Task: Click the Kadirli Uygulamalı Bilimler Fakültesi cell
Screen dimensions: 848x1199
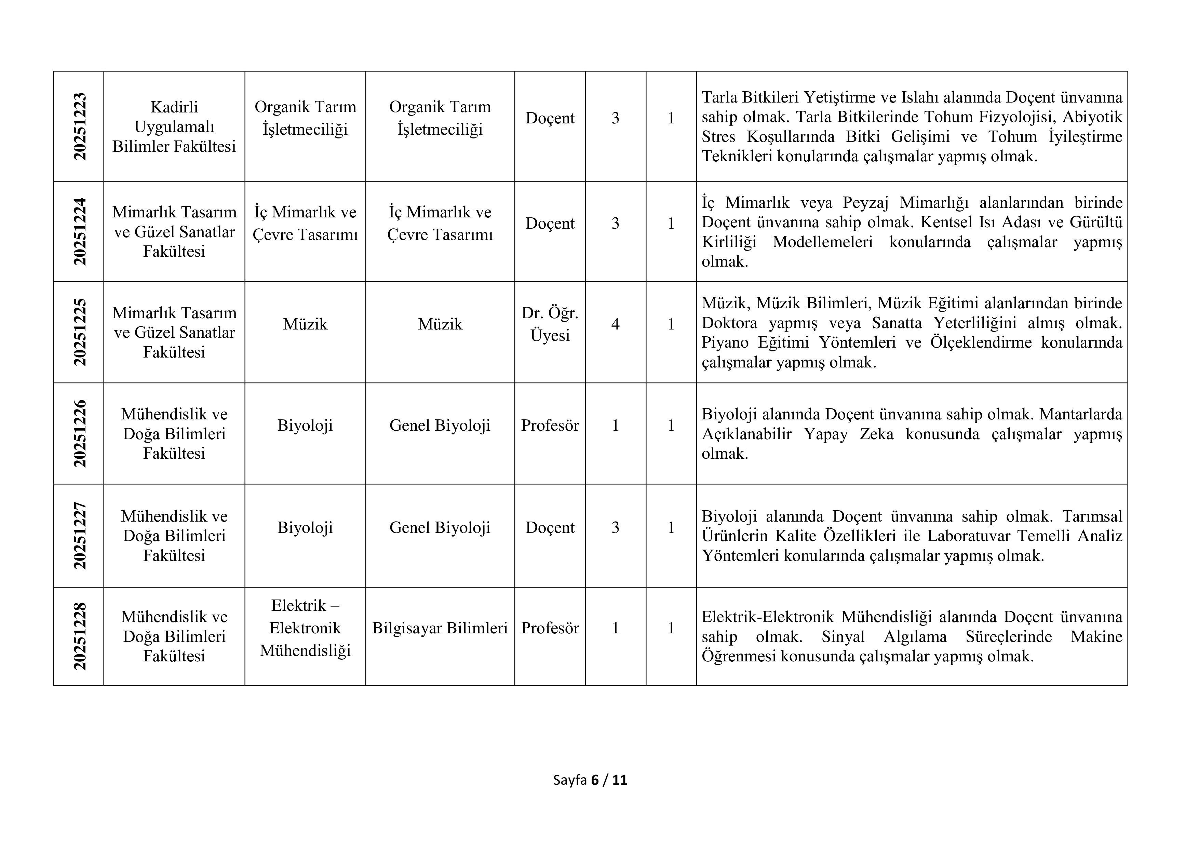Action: [x=174, y=126]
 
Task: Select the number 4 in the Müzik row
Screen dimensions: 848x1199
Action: [x=615, y=324]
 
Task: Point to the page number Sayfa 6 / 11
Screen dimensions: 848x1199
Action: [x=590, y=780]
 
